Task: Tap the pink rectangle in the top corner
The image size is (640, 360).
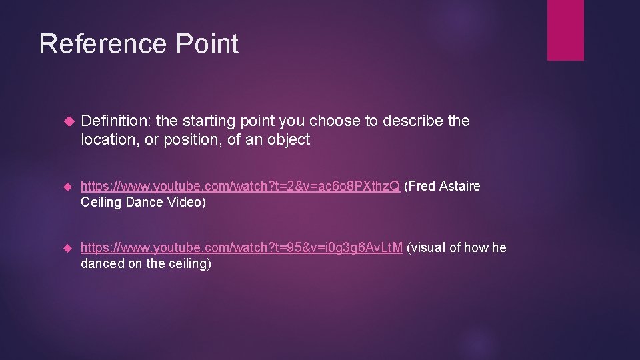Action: tap(565, 30)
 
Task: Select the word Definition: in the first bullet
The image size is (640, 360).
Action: tap(115, 121)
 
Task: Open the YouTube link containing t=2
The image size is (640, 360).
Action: tap(240, 186)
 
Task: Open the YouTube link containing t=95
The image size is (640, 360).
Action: tap(241, 248)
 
